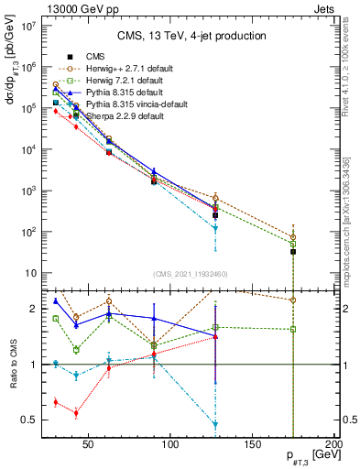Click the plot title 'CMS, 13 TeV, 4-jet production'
click(191, 36)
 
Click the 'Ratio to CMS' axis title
click(11, 363)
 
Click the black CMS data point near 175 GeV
click(293, 251)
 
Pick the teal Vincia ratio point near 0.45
click(215, 424)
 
